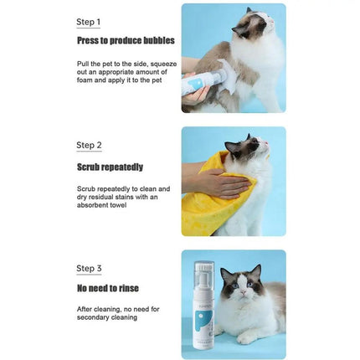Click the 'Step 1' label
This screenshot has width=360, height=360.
click(x=88, y=22)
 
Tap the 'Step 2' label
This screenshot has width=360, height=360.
click(x=88, y=145)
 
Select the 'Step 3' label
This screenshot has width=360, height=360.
click(x=88, y=269)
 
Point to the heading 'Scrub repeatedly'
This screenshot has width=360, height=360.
click(x=110, y=167)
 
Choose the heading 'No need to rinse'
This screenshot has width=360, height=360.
click(x=108, y=289)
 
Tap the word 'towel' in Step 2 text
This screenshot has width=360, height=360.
click(x=116, y=204)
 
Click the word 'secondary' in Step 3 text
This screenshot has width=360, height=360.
click(x=95, y=317)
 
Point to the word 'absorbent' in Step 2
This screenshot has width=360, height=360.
click(x=93, y=204)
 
